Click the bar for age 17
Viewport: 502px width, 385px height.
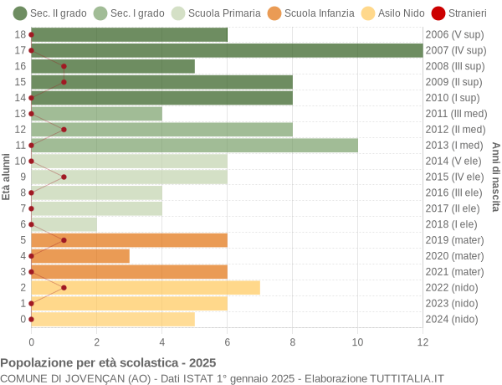(x=227, y=50)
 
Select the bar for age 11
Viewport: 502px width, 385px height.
(x=194, y=145)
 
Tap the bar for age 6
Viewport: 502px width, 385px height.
(x=64, y=224)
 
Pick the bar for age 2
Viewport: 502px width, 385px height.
(x=145, y=287)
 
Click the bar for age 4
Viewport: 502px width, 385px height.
(x=80, y=255)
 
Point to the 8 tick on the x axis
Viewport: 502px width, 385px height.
(x=292, y=341)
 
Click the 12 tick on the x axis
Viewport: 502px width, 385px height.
(x=423, y=341)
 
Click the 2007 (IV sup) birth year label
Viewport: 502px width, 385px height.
(x=455, y=50)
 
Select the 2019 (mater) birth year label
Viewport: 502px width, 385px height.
(x=454, y=239)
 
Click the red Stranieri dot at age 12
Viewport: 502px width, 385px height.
(x=64, y=129)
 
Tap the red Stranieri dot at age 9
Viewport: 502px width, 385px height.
(x=64, y=177)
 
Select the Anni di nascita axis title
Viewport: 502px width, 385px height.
(x=495, y=177)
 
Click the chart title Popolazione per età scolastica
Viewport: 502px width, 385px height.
(x=108, y=363)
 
